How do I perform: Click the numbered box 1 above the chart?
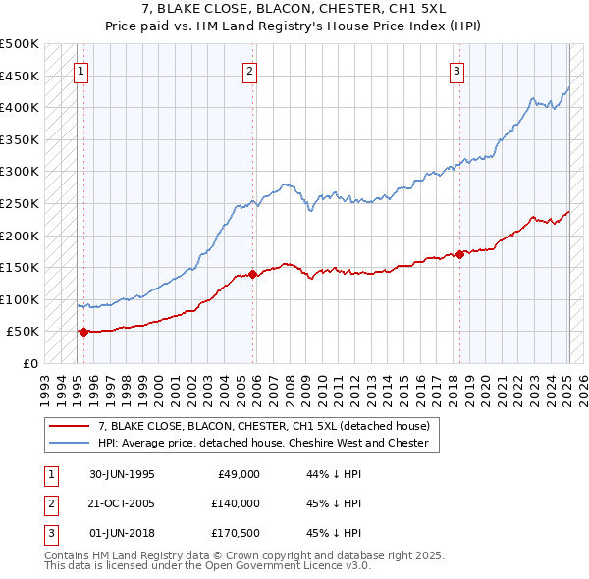pyautogui.click(x=80, y=70)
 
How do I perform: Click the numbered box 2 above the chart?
pyautogui.click(x=250, y=70)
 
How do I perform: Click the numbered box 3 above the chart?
pyautogui.click(x=457, y=70)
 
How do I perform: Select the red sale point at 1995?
pyautogui.click(x=83, y=332)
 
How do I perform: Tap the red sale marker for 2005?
pyautogui.click(x=253, y=274)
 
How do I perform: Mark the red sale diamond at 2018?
pyautogui.click(x=459, y=254)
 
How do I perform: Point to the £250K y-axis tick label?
pyautogui.click(x=20, y=203)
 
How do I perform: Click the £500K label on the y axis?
pyautogui.click(x=20, y=44)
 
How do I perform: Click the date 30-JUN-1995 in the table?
pyautogui.click(x=122, y=473)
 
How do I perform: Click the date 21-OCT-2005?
pyautogui.click(x=122, y=503)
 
